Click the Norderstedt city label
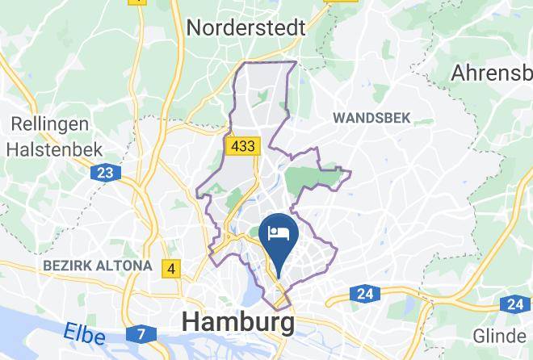click(246, 27)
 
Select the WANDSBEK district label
click(372, 118)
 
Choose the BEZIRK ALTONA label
click(97, 265)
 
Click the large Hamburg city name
click(238, 322)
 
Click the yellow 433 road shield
click(243, 146)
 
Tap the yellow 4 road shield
click(171, 268)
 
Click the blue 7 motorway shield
click(141, 333)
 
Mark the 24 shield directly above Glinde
click(515, 304)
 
